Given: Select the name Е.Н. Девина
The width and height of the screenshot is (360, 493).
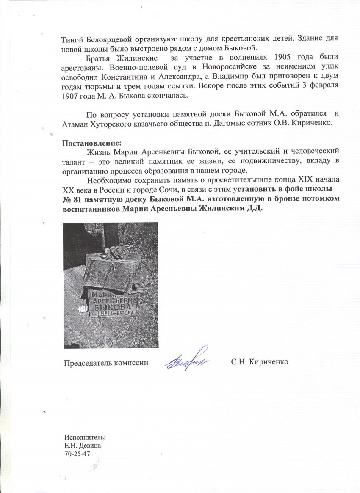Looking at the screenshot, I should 83,445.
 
